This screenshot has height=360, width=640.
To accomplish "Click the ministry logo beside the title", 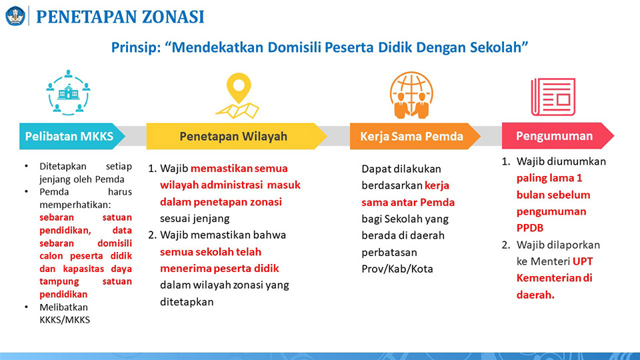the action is [x=15, y=16].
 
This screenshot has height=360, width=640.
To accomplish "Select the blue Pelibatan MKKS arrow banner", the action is [x=72, y=136].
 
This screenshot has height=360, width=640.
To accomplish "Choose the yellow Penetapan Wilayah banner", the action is [x=237, y=136].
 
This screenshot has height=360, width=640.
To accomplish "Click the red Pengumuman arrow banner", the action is [x=557, y=136].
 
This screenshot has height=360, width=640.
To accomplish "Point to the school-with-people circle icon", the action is [x=68, y=93].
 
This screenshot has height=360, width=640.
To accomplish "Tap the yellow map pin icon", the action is [x=237, y=96].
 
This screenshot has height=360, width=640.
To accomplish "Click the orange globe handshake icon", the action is [x=411, y=95].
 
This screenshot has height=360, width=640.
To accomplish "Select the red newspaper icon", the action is [x=553, y=97].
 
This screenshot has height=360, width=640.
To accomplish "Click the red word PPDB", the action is [x=530, y=228].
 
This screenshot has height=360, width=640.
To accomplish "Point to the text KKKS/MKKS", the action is [x=65, y=319].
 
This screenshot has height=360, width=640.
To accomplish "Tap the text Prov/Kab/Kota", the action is [x=397, y=269].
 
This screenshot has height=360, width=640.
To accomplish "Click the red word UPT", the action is [x=583, y=261].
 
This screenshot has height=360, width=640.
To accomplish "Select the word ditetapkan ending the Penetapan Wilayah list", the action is [x=187, y=302].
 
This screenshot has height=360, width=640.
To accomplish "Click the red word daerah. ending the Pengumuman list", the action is [x=535, y=295].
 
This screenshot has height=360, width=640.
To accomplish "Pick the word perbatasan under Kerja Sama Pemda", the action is [x=389, y=253].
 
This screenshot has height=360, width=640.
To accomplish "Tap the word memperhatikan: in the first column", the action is [x=75, y=205].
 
